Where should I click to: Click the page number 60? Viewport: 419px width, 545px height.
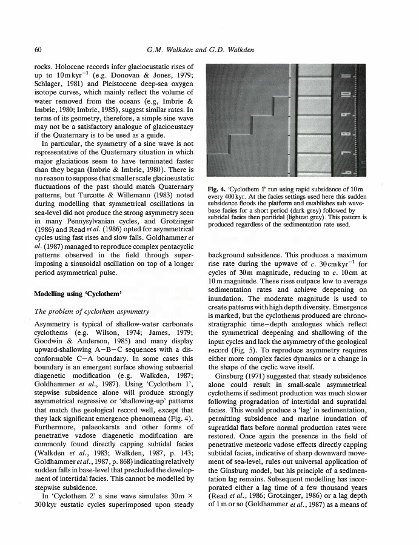click(x=38, y=49)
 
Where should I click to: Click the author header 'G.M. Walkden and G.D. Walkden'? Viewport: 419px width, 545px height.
click(x=201, y=49)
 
